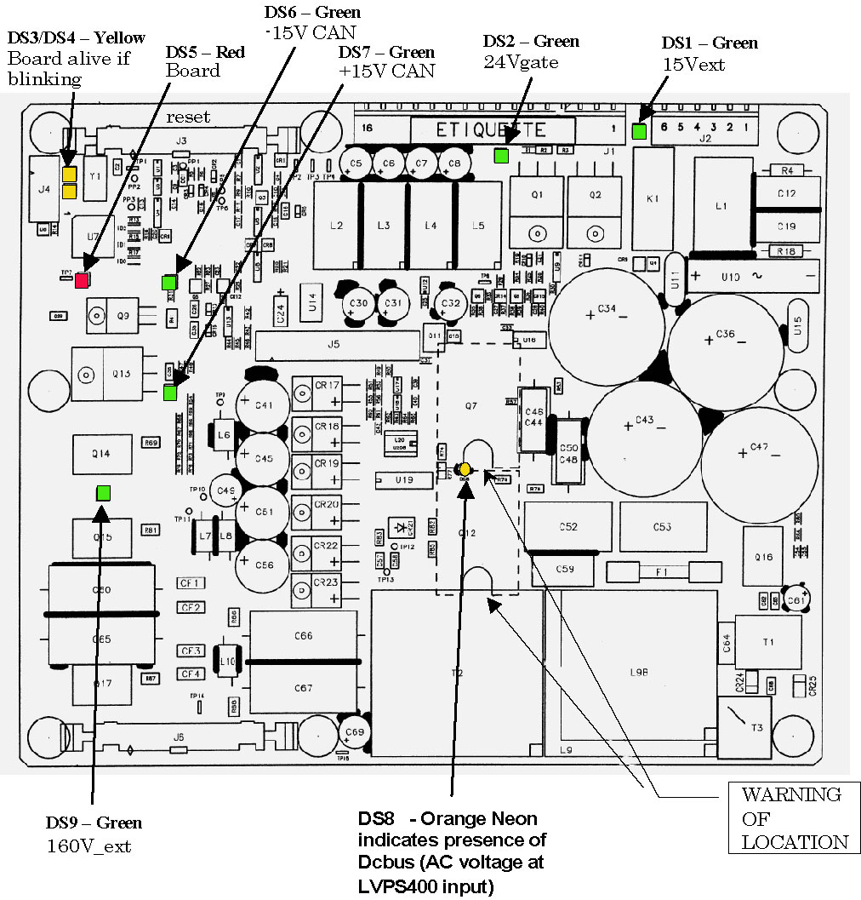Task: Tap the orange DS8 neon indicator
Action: point(465,469)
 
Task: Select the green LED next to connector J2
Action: point(639,131)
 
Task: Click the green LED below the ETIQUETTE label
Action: point(501,155)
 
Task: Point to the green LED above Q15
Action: point(103,492)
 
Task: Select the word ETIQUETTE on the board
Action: point(491,130)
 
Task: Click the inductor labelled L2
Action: point(336,226)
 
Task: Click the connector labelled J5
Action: point(334,345)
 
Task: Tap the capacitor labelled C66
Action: point(304,636)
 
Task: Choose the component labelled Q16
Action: point(763,556)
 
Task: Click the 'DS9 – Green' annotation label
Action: point(94,823)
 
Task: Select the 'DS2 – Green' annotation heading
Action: point(531,41)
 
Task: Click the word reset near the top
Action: point(188,117)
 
